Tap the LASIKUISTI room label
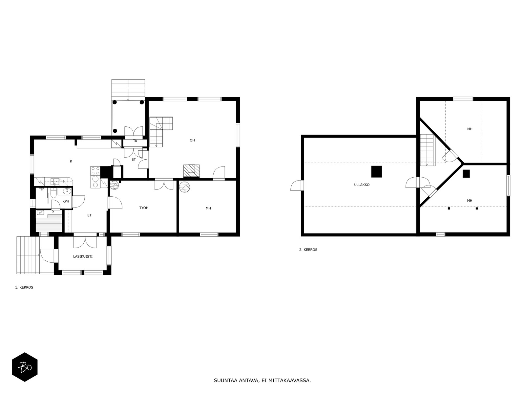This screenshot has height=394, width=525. pyautogui.click(x=83, y=256)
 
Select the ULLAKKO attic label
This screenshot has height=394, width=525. pyautogui.click(x=362, y=185)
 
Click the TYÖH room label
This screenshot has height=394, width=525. pyautogui.click(x=144, y=208)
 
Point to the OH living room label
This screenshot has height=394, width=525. pyautogui.click(x=192, y=140)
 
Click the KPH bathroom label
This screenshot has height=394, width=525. pyautogui.click(x=66, y=201)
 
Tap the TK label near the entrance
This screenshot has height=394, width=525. pyautogui.click(x=135, y=141)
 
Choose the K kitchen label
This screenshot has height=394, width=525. pyautogui.click(x=71, y=161)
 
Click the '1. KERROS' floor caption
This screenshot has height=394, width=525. pyautogui.click(x=24, y=287)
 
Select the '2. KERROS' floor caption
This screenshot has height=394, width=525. pyautogui.click(x=308, y=250)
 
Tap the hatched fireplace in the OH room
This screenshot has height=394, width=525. pyautogui.click(x=191, y=171)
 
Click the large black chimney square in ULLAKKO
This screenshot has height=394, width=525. pyautogui.click(x=376, y=171)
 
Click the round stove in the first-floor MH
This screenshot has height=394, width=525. pyautogui.click(x=184, y=187)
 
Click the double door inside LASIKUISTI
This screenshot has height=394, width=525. pyautogui.click(x=85, y=242)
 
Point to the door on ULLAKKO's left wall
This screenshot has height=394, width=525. pyautogui.click(x=297, y=186)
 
